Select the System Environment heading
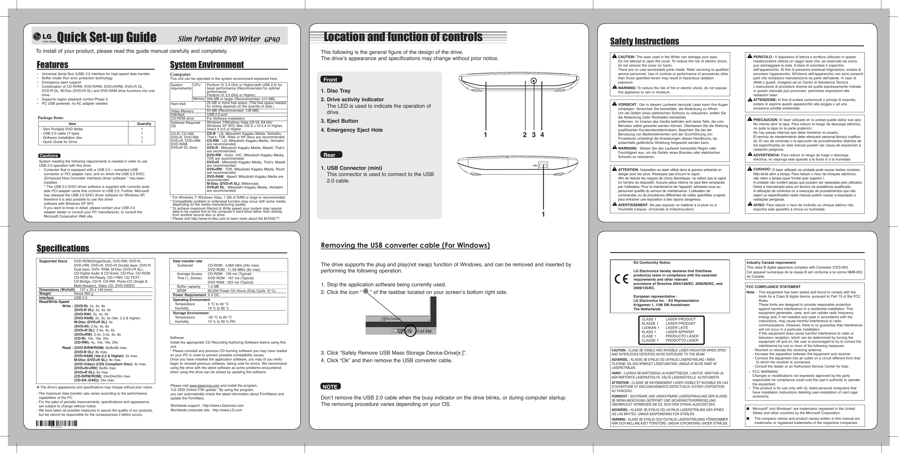point(207,65)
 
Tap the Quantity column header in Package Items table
point(144,124)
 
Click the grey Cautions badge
point(49,156)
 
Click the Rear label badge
point(330,155)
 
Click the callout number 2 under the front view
point(525,135)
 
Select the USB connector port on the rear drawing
point(543,166)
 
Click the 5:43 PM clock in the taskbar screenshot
point(424,331)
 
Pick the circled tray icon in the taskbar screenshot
point(410,331)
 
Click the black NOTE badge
point(330,386)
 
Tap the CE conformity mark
point(621,280)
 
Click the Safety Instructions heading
point(644,41)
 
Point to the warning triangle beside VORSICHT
point(614,104)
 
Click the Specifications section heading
point(63,249)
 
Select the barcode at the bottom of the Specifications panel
point(56,423)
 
